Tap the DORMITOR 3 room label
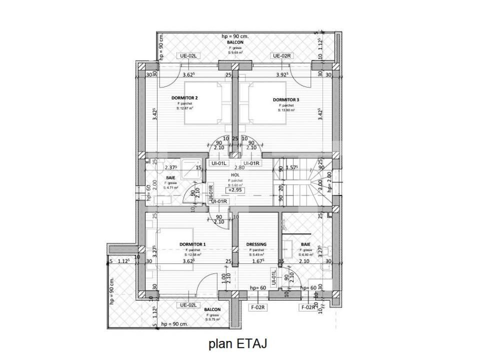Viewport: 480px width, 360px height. (286, 99)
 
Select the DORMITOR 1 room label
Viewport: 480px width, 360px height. (192, 244)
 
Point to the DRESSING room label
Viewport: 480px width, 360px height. (256, 244)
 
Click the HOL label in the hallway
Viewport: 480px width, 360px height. (235, 175)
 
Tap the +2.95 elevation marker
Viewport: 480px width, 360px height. (236, 190)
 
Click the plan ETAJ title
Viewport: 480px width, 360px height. (238, 343)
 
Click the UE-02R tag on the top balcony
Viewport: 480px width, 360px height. (282, 56)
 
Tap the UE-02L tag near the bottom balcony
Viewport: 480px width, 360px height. (189, 305)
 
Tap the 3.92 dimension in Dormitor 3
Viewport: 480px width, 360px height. (284, 75)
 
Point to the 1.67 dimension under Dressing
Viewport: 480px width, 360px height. (257, 261)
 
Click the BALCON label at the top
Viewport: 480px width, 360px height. (234, 42)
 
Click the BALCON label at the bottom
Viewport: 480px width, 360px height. (212, 310)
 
